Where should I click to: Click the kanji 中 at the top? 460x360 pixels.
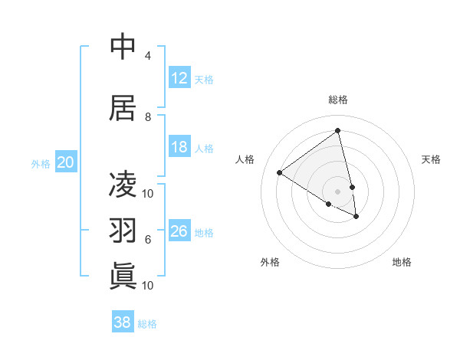coord(123,47)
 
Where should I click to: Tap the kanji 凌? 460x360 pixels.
coord(123,185)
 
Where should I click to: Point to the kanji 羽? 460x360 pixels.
coord(123,231)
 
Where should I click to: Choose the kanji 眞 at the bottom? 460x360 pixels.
coord(123,276)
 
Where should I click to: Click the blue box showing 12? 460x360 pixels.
coord(179,77)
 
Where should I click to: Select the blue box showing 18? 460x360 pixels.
coord(179,147)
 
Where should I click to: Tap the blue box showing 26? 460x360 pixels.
coord(179,231)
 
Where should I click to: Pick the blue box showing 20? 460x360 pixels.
coord(66,162)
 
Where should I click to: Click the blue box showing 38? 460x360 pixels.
coord(123,322)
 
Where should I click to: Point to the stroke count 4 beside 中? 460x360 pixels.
coord(148,56)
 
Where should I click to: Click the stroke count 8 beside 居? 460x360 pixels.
coord(148,117)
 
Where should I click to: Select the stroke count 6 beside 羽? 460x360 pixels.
coord(148,240)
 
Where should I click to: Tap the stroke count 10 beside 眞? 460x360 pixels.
coord(148,286)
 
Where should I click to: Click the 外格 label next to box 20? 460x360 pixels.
coord(41,163)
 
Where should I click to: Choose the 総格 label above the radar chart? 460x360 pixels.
coord(337,100)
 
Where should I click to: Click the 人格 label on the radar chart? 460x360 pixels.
coord(245,159)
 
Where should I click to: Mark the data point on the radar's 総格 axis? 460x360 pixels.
coord(337,131)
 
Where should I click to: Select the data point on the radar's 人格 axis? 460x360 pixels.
coord(280,172)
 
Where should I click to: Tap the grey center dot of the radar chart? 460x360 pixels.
coord(337,191)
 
